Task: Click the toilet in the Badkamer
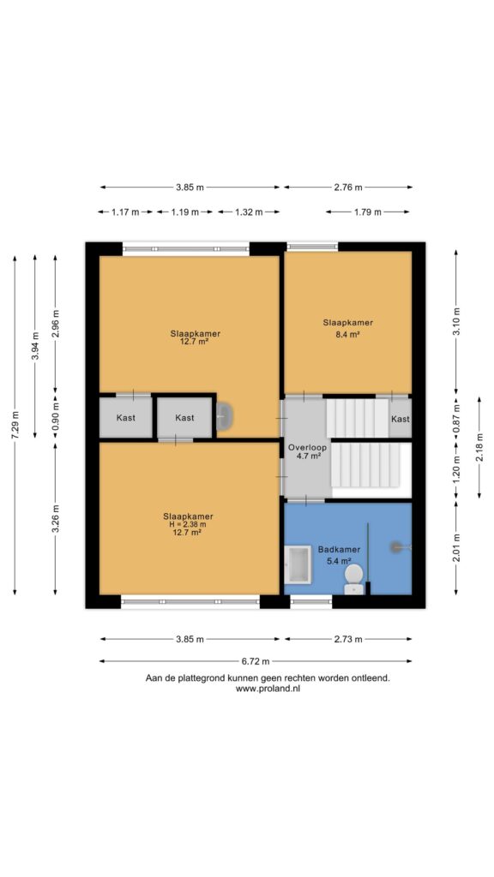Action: [353, 579]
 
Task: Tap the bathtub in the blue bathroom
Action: [298, 564]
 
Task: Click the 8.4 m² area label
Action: [348, 335]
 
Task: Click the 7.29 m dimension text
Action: [15, 426]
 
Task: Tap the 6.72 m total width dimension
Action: [256, 661]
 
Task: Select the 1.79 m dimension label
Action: [367, 212]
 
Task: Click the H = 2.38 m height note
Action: [188, 525]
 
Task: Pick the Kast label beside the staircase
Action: [400, 419]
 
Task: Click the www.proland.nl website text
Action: [268, 689]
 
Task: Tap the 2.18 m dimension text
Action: [479, 447]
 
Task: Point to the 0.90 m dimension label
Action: [55, 417]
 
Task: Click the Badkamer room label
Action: [339, 550]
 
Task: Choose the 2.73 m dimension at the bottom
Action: [348, 639]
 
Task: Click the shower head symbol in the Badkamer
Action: [398, 546]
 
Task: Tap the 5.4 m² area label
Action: [339, 560]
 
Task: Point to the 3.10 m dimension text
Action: [456, 321]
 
